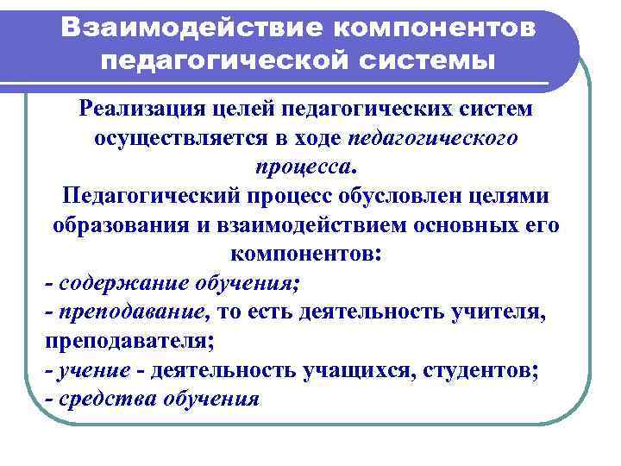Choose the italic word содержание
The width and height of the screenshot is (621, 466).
[111, 283]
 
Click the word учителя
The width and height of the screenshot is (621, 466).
[499, 312]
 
